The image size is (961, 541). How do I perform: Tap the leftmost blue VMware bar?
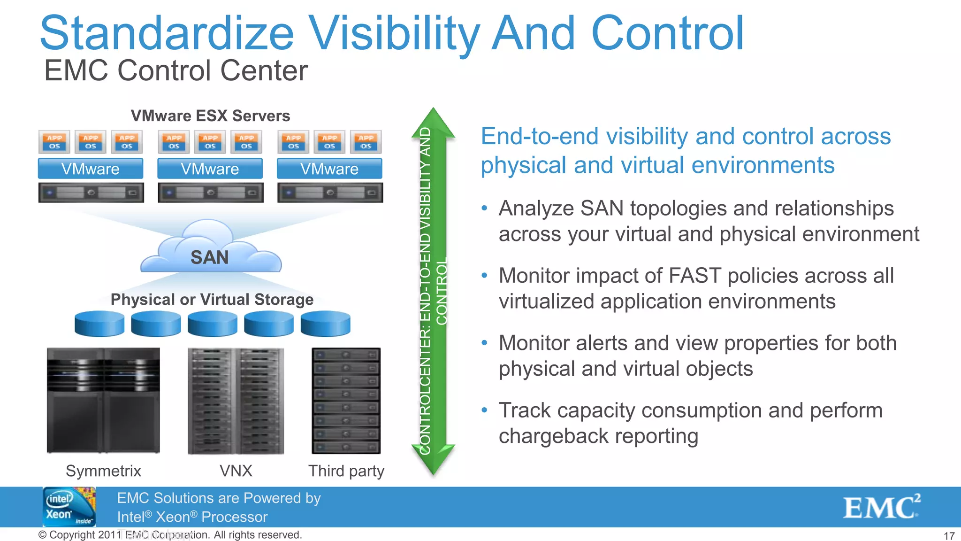pos(91,169)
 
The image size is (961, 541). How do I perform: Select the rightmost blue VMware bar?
pos(329,169)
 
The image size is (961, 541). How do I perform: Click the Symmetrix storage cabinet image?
pos(103,400)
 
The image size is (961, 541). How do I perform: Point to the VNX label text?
pos(236,471)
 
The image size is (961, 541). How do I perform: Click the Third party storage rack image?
pos(346,401)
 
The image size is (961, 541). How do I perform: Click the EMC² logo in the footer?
pos(881,507)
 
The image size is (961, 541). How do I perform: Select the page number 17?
pos(949,536)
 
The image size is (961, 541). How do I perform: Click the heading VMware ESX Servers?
pos(210,116)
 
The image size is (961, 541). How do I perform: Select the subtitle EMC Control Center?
pos(175,71)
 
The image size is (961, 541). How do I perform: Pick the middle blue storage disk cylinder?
pos(212,324)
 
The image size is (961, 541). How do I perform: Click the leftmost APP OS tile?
pos(54,142)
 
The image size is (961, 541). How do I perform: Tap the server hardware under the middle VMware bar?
pos(210,193)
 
